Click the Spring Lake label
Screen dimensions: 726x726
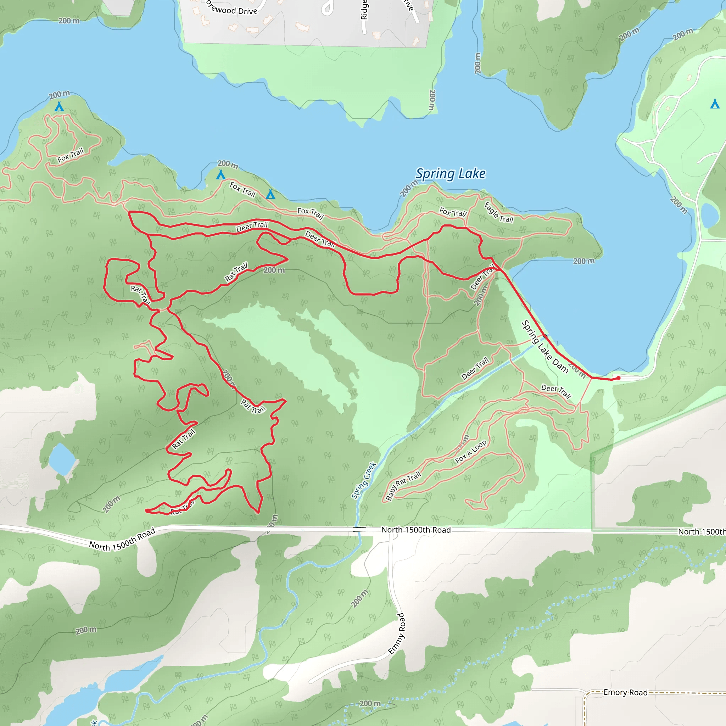pos(450,174)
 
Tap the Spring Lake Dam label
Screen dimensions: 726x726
pos(544,346)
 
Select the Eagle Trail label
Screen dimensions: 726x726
pos(499,213)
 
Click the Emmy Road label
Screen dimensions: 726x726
pos(396,633)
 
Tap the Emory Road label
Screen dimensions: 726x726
pos(625,692)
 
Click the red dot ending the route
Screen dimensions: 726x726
pos(619,378)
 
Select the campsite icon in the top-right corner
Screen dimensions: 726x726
pos(715,104)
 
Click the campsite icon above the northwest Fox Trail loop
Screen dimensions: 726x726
pos(59,107)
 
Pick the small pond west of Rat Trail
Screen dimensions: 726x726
pos(62,459)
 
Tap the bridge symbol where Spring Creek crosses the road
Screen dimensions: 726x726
pos(359,530)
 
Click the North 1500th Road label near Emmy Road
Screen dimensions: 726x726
pos(415,530)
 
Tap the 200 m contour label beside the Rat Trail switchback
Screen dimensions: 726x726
pos(274,270)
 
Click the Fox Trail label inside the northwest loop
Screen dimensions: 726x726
pos(70,155)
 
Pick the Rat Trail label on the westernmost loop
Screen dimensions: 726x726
pos(140,294)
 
